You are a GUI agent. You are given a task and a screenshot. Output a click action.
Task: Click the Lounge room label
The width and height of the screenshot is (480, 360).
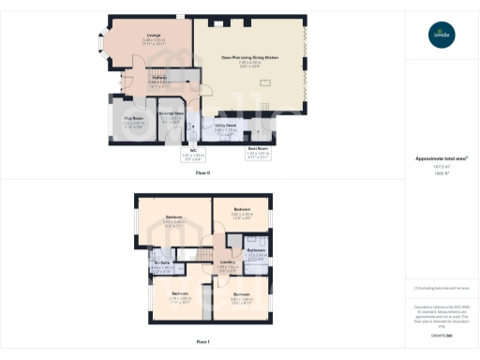153,36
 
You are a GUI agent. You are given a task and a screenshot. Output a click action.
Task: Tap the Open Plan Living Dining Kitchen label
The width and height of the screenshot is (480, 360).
249,58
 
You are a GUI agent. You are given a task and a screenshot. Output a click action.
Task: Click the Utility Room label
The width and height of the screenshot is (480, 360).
225,124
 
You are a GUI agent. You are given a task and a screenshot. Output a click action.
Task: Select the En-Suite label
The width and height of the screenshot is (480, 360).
162,262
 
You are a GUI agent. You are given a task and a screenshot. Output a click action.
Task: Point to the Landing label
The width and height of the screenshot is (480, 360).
227,262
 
